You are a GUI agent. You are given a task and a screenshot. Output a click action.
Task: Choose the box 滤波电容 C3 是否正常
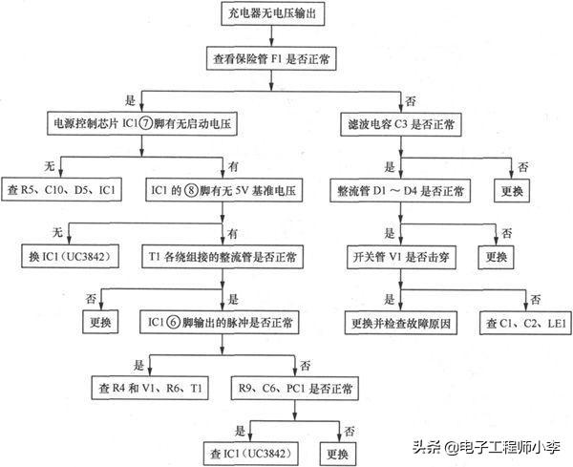[x=400, y=124]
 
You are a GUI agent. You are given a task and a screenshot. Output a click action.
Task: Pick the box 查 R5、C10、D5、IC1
[x=62, y=191]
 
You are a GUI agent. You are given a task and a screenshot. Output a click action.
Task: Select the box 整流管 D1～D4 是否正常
[x=401, y=191]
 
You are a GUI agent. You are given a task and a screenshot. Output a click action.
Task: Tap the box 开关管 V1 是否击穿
[x=401, y=257]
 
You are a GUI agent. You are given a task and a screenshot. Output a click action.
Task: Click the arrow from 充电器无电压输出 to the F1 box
[x=272, y=37]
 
